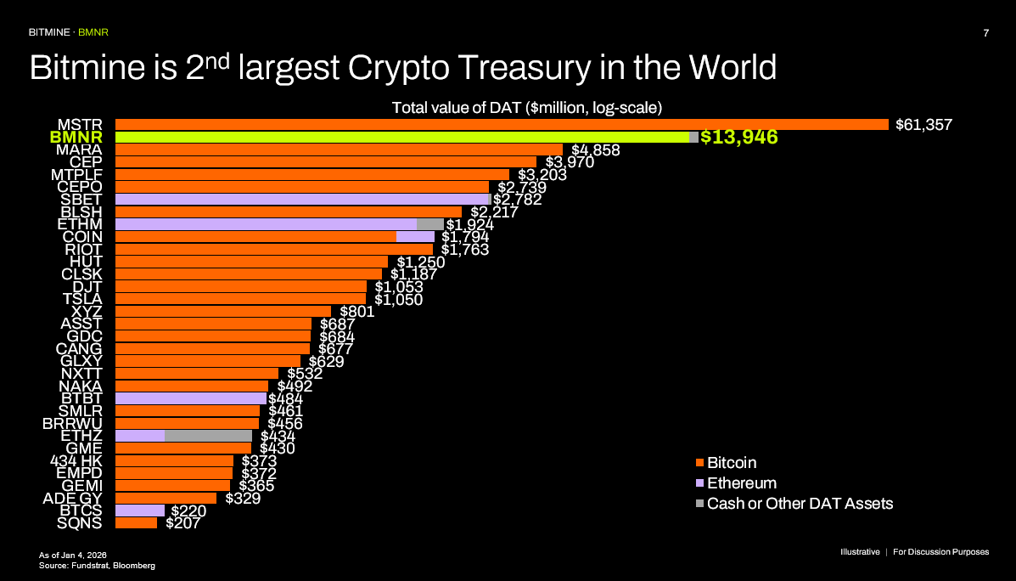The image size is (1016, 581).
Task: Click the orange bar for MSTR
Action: click(x=501, y=125)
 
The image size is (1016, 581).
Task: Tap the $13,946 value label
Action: click(x=739, y=138)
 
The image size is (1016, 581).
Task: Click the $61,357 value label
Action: click(x=924, y=125)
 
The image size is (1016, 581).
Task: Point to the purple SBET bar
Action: click(x=302, y=200)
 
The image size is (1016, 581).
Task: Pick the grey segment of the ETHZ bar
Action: click(x=208, y=436)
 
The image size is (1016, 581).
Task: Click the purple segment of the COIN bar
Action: click(x=415, y=237)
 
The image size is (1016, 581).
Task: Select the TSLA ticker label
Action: click(x=82, y=299)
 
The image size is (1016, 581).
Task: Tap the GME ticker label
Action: click(x=84, y=448)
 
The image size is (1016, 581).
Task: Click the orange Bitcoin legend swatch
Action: click(x=700, y=464)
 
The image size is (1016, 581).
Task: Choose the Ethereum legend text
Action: click(x=741, y=483)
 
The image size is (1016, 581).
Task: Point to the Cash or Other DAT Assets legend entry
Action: click(x=800, y=504)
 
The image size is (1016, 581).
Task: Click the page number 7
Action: click(x=985, y=33)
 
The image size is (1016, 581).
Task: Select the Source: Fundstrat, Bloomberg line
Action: click(x=97, y=565)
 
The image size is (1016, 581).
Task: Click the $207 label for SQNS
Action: click(x=182, y=523)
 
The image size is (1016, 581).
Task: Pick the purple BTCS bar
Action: click(x=139, y=510)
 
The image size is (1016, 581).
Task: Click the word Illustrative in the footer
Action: click(x=860, y=552)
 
